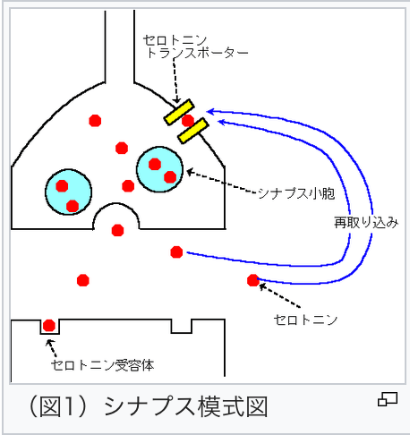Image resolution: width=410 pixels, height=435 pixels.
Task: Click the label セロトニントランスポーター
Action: [195, 47]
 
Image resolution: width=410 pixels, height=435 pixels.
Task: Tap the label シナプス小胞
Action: [296, 193]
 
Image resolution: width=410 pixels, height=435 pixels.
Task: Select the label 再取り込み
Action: [366, 223]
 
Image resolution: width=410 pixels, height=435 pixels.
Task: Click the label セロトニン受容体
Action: [103, 365]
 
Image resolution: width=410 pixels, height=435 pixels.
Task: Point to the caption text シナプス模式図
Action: [185, 406]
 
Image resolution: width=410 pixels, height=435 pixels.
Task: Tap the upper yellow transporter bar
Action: [179, 112]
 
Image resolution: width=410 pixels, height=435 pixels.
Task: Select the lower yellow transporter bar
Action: [192, 131]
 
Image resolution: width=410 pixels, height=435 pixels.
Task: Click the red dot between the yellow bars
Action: [188, 121]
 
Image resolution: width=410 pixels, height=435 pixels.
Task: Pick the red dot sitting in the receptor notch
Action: [49, 326]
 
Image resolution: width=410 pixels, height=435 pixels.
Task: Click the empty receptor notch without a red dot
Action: [181, 327]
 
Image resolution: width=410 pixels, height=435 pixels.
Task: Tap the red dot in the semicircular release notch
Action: [117, 230]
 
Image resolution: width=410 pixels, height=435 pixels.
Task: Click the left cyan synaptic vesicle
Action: [68, 192]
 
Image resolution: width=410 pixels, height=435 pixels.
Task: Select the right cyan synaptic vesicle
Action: [159, 169]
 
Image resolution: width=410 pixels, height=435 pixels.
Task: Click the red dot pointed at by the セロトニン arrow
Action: [253, 280]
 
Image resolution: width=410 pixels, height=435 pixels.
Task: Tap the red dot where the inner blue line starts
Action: [176, 252]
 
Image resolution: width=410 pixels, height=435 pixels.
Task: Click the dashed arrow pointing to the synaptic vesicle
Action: [221, 182]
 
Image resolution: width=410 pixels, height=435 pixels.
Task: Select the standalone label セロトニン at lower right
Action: [305, 320]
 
